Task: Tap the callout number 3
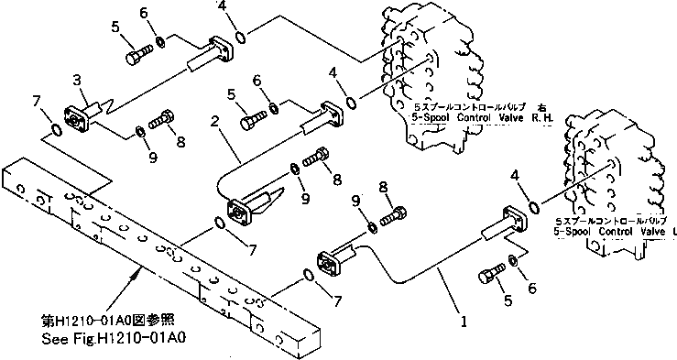click(x=77, y=81)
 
